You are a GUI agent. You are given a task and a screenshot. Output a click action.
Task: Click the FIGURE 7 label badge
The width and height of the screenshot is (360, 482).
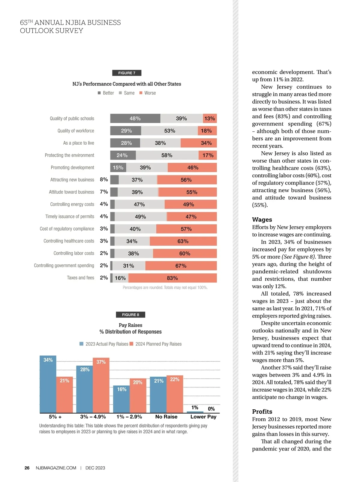(127, 73)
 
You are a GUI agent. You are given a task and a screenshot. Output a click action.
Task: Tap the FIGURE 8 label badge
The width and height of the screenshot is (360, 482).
(130, 315)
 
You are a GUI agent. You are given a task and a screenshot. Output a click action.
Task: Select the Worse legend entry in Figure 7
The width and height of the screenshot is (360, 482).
(148, 93)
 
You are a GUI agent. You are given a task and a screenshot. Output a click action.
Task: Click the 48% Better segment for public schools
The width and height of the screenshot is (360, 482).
(135, 119)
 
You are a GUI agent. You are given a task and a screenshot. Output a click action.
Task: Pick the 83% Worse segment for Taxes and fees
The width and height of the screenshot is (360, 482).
(172, 278)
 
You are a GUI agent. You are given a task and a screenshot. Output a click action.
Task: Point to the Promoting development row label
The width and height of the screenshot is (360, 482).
(72, 167)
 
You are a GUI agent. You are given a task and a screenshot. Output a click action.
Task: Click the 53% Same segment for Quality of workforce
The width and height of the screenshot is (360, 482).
(169, 131)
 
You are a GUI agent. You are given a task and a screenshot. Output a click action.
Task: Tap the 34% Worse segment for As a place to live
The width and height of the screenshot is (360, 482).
(199, 143)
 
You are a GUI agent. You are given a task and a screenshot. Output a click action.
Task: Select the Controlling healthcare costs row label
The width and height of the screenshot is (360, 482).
(69, 241)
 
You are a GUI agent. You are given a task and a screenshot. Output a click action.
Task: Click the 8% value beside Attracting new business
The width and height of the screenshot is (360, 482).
(104, 179)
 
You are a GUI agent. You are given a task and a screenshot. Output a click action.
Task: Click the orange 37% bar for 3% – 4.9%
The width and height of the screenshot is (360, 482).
(101, 385)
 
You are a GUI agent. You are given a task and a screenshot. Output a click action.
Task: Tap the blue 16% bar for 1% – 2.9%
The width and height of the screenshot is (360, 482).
(121, 399)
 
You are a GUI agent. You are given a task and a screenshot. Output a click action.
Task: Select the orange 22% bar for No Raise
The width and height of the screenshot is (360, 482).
(175, 394)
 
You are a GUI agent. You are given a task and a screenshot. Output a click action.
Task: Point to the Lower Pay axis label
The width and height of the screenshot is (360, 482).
(203, 417)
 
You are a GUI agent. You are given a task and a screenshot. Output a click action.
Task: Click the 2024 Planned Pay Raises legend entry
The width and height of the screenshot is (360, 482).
(156, 344)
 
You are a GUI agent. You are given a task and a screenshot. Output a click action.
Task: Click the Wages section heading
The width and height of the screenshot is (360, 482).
(262, 219)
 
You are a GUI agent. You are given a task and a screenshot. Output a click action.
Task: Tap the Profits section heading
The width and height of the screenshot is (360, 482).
(262, 411)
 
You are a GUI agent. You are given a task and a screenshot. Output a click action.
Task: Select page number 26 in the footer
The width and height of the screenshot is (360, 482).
(27, 468)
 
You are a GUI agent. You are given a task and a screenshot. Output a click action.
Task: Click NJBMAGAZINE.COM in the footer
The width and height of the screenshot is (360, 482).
(56, 468)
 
